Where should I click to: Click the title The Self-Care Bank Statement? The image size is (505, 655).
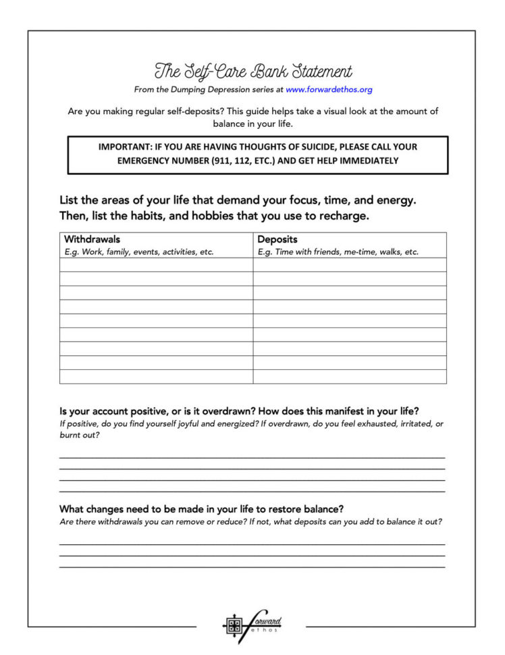pyautogui.click(x=253, y=71)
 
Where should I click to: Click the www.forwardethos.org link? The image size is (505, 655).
pyautogui.click(x=329, y=89)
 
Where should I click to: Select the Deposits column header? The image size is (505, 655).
pyautogui.click(x=277, y=239)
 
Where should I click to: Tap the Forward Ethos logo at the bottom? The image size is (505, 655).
pyautogui.click(x=252, y=626)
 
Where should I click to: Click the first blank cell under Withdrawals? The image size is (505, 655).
pyautogui.click(x=156, y=265)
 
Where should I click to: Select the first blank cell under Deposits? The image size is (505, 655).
pyautogui.click(x=350, y=265)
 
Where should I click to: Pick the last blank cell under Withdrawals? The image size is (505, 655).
pyautogui.click(x=156, y=377)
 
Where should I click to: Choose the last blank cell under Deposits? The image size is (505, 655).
pyautogui.click(x=350, y=377)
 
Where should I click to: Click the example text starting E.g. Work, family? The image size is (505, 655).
pyautogui.click(x=138, y=252)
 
